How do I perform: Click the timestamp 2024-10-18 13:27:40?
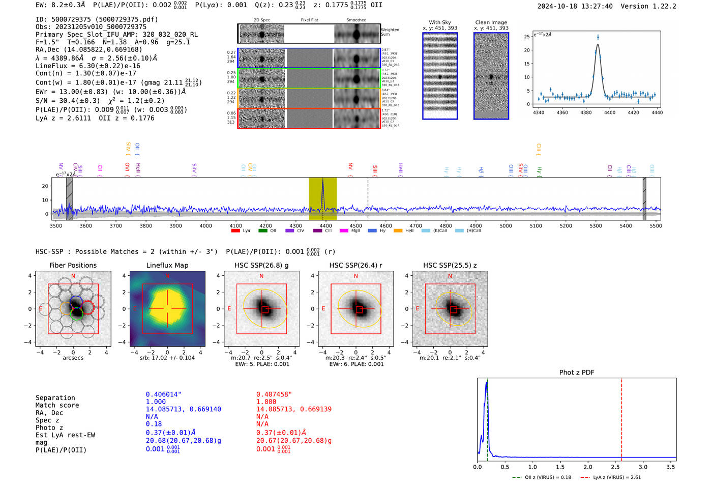[x=575, y=6]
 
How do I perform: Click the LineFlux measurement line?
[x=87, y=66]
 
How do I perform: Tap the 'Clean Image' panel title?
[x=491, y=22]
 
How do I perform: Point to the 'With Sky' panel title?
[x=439, y=22]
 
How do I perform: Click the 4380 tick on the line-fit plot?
[x=586, y=112]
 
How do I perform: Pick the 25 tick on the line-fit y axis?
[x=527, y=37]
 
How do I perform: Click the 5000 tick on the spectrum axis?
[x=506, y=225]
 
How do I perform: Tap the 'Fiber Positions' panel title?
[x=73, y=265]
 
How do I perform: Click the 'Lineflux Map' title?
[x=167, y=265]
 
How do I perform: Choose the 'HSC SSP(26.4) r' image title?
[x=355, y=265]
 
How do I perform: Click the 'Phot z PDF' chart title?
[x=576, y=372]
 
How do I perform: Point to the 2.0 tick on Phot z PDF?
[x=587, y=467]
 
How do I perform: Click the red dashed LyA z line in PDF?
[x=621, y=417]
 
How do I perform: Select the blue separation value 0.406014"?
[x=163, y=394]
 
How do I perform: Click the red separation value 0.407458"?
[x=274, y=394]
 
